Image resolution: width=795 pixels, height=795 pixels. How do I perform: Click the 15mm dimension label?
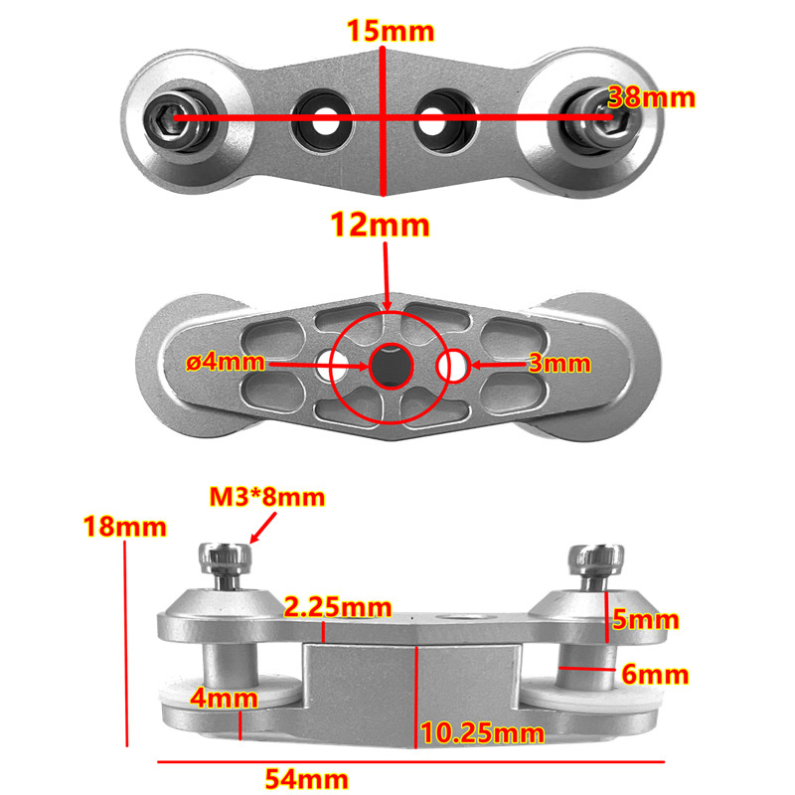tap(391, 31)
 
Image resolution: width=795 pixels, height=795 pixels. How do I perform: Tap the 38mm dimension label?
tap(651, 98)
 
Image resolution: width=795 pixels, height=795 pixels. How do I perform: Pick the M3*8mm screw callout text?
tap(266, 496)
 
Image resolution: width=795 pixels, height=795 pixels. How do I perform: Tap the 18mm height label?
tap(124, 527)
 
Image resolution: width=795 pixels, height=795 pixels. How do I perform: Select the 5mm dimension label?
tap(644, 621)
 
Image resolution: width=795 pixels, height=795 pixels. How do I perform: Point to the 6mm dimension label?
tap(654, 675)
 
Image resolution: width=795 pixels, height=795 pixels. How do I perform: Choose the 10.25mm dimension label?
tap(482, 734)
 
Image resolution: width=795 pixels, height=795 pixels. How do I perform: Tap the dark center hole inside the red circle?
tap(390, 365)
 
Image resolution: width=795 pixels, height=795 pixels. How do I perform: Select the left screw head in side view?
tap(226, 561)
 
